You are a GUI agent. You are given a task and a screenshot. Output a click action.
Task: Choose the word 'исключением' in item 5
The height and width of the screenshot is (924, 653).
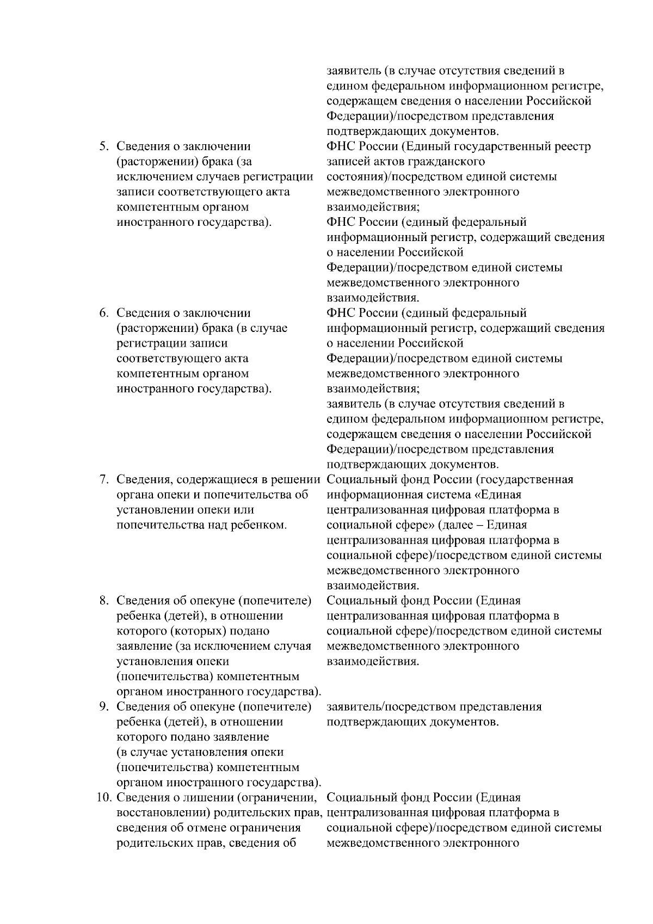(150, 177)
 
